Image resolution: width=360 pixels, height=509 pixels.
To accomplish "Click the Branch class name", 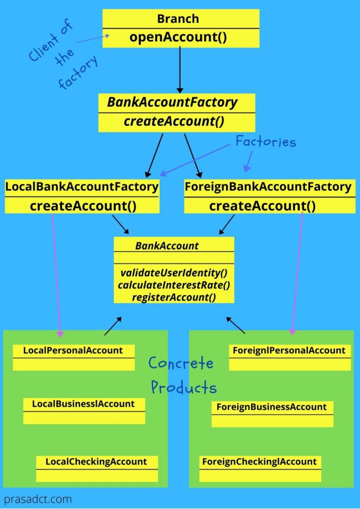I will tap(178, 19).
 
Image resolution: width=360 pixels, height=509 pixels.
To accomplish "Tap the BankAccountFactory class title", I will tap(173, 102).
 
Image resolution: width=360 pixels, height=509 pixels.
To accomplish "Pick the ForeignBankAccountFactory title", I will tap(268, 187).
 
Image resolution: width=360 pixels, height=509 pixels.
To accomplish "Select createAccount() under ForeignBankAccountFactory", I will tap(262, 206).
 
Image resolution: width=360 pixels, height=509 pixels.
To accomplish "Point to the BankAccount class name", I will tap(167, 246).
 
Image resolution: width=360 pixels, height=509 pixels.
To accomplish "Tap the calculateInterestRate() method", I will tap(174, 285).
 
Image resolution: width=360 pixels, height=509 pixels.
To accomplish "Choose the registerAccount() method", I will tap(174, 297).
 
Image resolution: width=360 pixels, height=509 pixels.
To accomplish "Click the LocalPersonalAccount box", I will tap(73, 356).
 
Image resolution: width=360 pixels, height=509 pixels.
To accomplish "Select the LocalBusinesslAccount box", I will tap(84, 410).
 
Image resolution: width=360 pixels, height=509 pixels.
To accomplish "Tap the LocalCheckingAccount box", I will tap(96, 468).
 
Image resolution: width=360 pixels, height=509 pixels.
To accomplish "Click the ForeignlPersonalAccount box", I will tap(289, 356).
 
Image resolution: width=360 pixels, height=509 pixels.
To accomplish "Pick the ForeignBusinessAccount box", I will tap(272, 413).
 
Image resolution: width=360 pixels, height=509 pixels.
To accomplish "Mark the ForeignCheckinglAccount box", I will tap(260, 468).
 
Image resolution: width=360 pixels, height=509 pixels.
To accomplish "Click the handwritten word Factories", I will tap(266, 142).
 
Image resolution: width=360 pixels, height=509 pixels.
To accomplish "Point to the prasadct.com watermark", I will tap(38, 499).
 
